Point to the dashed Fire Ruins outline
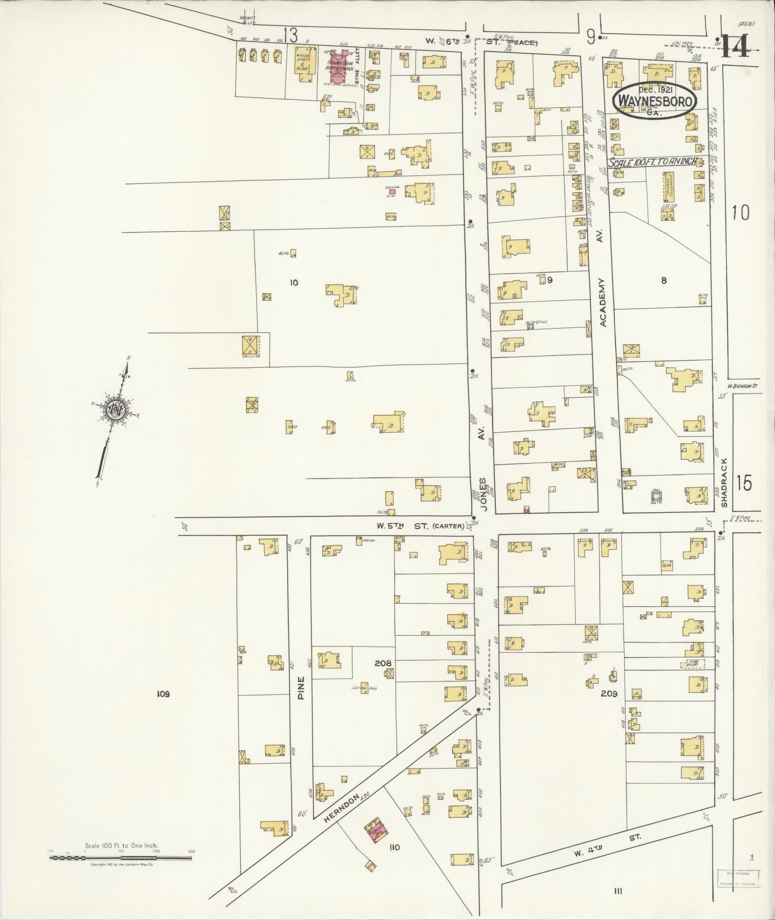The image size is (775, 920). (692, 664)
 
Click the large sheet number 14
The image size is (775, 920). (735, 47)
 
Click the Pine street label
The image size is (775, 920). (301, 688)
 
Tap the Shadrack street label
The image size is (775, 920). (725, 482)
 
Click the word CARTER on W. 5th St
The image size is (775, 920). (449, 526)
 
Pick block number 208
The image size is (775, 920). (382, 663)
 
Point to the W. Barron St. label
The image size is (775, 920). (742, 386)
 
